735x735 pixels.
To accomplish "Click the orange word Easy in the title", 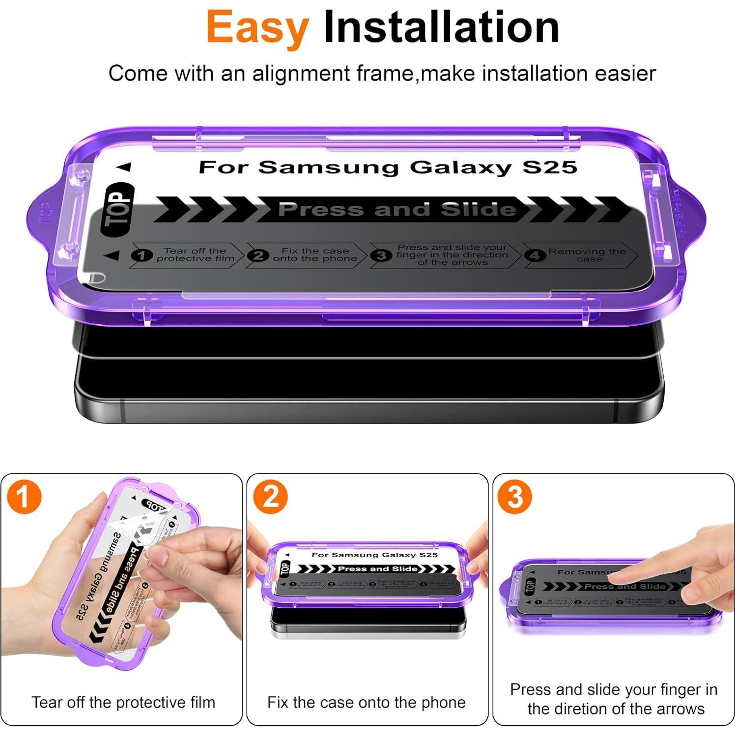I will click(x=257, y=28).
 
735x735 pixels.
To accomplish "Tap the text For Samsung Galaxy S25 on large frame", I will click(x=387, y=167).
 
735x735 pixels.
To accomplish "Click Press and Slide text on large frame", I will click(x=397, y=209).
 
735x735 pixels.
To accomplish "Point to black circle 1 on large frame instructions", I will click(x=141, y=255).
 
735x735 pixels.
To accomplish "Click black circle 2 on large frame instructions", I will click(x=258, y=255).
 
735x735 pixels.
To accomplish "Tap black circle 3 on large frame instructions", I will click(x=381, y=255).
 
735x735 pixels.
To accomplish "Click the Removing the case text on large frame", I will click(x=587, y=254).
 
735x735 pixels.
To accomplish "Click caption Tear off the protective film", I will click(x=123, y=702).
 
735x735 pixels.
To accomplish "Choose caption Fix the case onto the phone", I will click(x=366, y=702).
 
